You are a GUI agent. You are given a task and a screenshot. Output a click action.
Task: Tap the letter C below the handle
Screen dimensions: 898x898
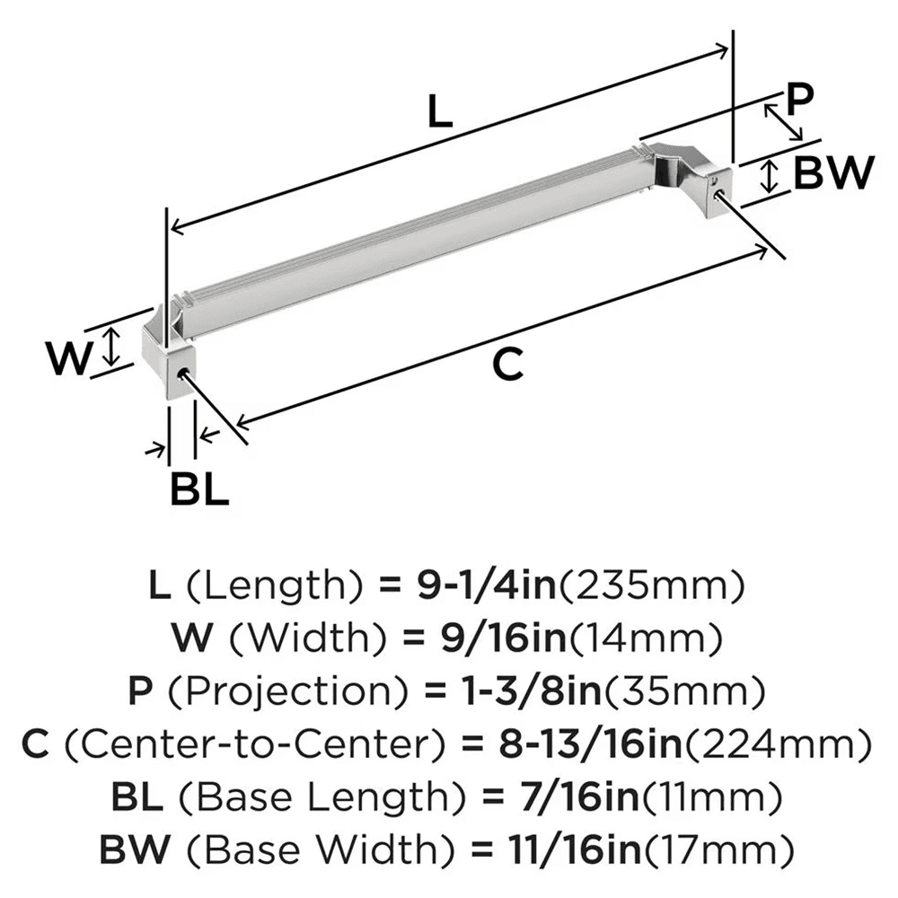[507, 365]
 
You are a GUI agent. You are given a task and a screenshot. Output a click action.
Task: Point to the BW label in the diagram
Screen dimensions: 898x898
[833, 173]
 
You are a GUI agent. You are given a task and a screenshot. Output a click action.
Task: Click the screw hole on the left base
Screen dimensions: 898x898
[185, 374]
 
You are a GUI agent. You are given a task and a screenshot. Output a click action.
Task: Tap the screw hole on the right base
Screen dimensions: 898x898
[717, 191]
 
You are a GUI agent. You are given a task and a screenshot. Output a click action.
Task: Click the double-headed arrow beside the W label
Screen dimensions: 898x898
[110, 347]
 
